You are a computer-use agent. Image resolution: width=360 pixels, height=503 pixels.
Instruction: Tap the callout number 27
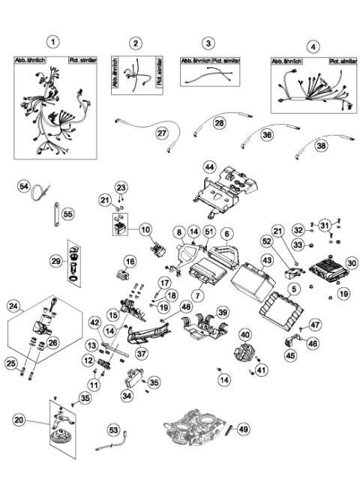tap(161, 133)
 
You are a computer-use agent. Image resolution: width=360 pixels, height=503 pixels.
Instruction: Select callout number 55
tap(67, 214)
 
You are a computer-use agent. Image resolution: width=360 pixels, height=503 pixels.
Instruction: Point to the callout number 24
tap(13, 305)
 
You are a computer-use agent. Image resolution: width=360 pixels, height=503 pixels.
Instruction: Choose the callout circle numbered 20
tap(19, 421)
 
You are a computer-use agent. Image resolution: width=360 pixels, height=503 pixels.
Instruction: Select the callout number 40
tap(244, 334)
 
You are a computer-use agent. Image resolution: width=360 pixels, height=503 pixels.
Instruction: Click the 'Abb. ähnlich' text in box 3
tap(196, 60)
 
